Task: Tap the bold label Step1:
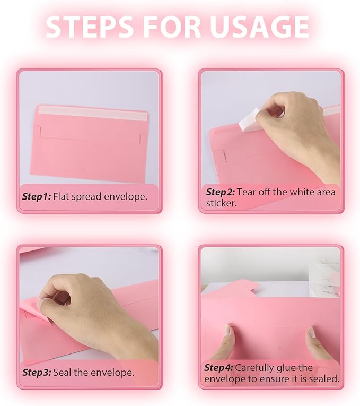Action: click(x=37, y=196)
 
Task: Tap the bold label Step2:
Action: click(x=221, y=192)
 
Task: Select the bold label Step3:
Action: click(x=37, y=372)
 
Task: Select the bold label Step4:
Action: click(x=219, y=367)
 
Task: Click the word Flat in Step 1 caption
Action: click(x=63, y=196)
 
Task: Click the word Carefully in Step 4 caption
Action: click(x=255, y=367)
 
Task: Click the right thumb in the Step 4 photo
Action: click(x=312, y=335)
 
